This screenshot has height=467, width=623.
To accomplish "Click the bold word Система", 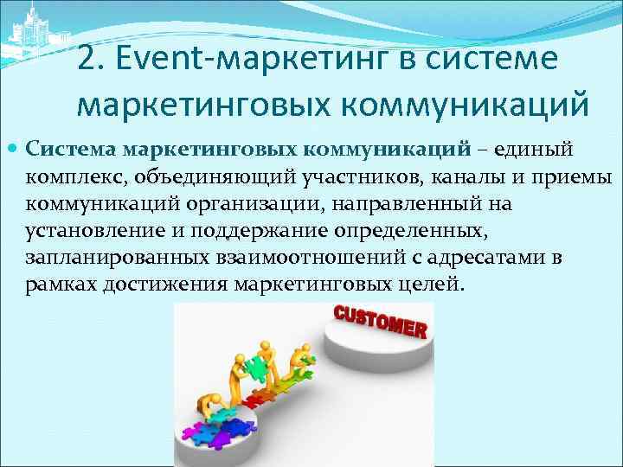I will [x=71, y=149].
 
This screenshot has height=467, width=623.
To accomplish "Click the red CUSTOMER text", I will [x=380, y=322].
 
